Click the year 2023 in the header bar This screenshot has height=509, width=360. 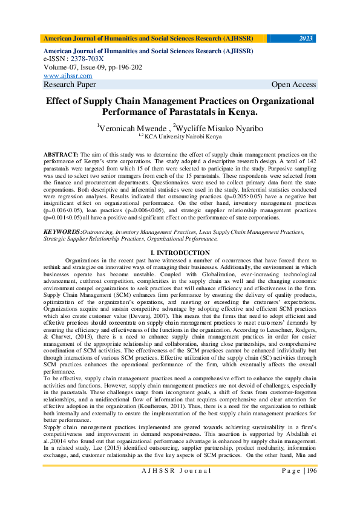[x=306, y=39]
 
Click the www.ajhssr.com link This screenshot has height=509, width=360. [x=67, y=76]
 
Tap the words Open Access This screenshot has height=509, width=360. [x=293, y=85]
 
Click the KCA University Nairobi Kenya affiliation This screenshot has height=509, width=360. [x=182, y=137]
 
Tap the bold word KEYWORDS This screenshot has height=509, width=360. [x=62, y=232]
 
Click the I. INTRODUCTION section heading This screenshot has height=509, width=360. [x=180, y=253]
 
